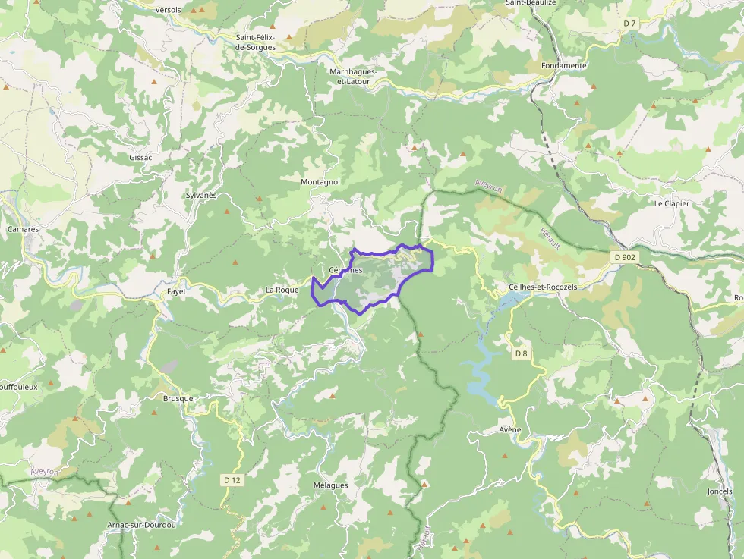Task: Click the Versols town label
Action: (168, 10)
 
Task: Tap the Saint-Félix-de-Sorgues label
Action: (255, 42)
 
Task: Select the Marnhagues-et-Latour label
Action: (352, 76)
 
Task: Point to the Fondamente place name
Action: (564, 66)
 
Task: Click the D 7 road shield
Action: (629, 24)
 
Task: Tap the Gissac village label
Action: (140, 158)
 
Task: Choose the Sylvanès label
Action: (201, 196)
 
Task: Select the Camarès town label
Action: (23, 228)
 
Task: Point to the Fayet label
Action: (176, 291)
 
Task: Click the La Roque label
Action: (282, 290)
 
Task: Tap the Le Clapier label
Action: (671, 203)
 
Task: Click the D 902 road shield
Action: (624, 257)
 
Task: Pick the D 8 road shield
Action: (521, 353)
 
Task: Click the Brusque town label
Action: (178, 398)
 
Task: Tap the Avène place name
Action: (510, 430)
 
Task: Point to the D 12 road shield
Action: (232, 480)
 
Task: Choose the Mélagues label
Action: (330, 485)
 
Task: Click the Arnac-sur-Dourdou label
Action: (142, 525)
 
